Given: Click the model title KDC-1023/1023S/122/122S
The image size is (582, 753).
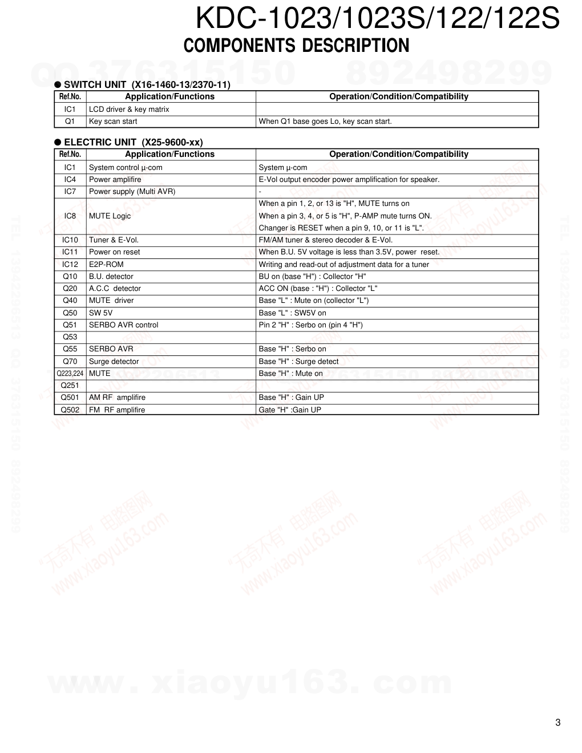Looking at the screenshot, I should click(x=377, y=19).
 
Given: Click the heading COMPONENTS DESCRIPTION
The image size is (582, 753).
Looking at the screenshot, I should click(x=296, y=46).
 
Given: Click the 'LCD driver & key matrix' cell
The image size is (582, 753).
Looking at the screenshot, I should click(x=129, y=110).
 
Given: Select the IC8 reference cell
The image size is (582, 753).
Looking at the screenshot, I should click(x=70, y=216).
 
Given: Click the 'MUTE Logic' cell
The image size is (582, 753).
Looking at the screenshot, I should click(x=110, y=216).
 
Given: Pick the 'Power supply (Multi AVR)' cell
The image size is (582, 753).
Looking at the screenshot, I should click(x=132, y=192).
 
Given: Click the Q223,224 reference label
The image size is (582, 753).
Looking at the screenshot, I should click(x=70, y=374).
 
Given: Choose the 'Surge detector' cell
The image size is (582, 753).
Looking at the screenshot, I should click(x=114, y=362).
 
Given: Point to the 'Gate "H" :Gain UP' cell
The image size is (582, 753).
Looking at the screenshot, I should click(x=290, y=410).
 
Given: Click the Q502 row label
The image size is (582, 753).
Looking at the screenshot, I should click(x=70, y=410).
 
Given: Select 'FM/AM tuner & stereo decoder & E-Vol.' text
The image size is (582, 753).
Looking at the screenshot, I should click(x=325, y=240).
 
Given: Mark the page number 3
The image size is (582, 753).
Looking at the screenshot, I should click(x=557, y=723).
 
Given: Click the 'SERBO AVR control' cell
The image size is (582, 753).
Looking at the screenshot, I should click(x=124, y=325).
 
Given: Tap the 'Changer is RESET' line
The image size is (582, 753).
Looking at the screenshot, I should click(x=341, y=228).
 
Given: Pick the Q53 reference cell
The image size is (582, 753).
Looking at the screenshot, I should click(x=70, y=337).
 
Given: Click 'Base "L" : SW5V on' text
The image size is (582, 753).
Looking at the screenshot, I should click(x=292, y=313).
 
